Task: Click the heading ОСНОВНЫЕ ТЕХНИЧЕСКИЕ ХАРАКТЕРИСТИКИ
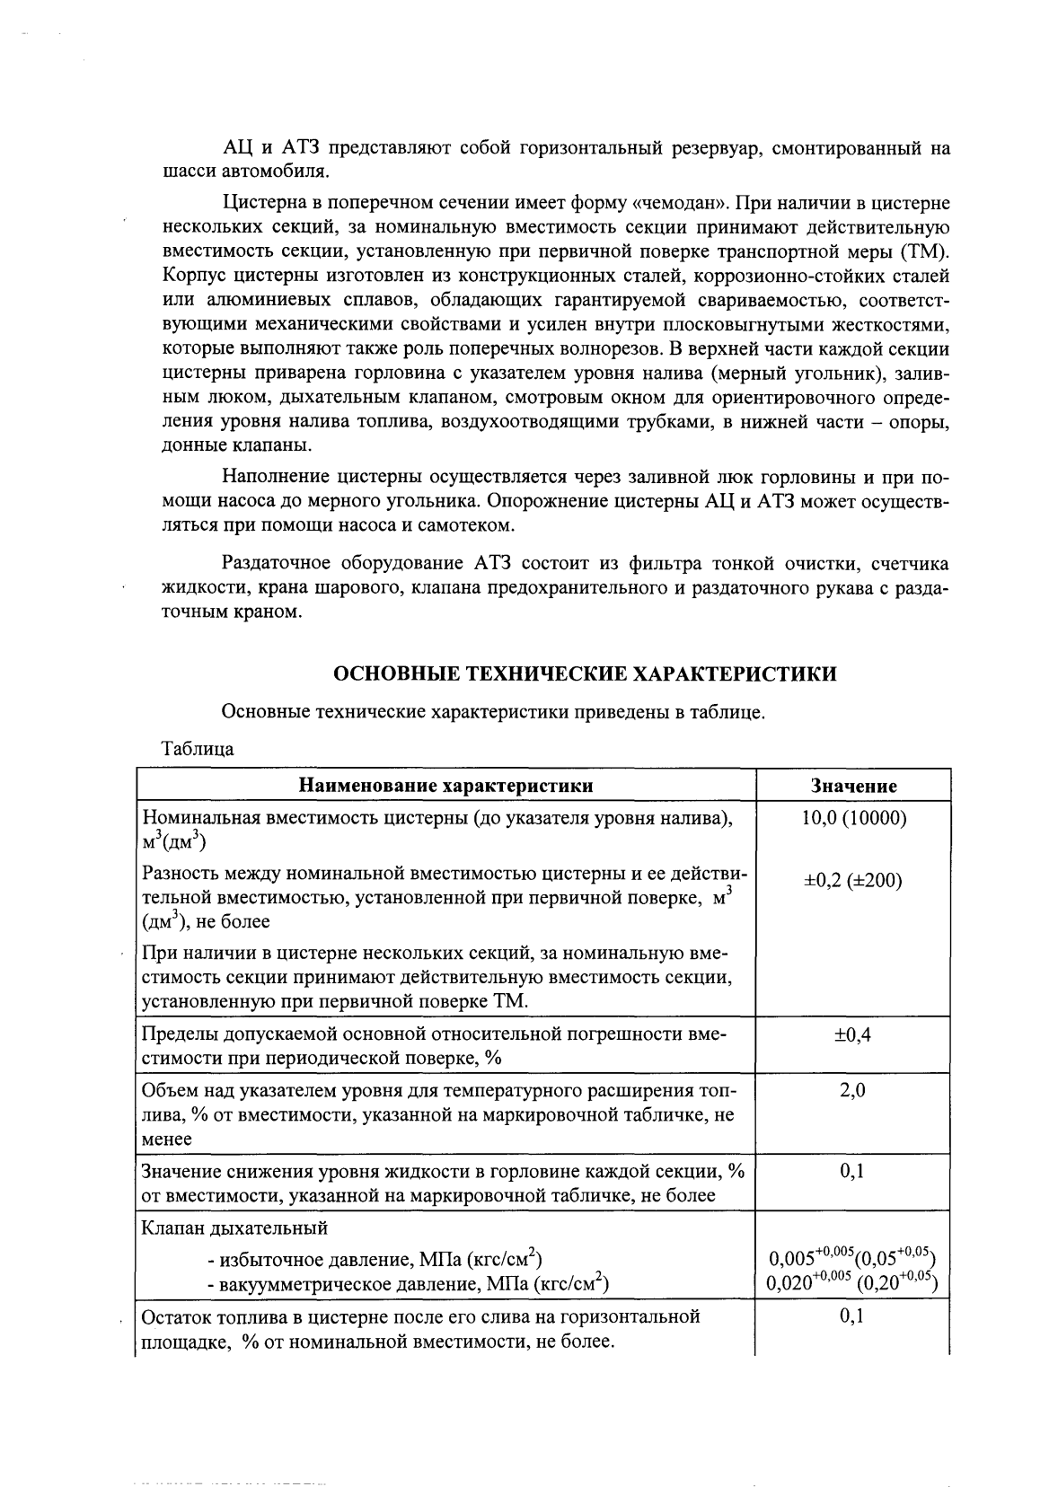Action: pyautogui.click(x=585, y=673)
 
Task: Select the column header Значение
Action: pyautogui.click(x=853, y=786)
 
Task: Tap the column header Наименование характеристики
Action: pyautogui.click(x=445, y=786)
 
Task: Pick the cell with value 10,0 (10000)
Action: pyautogui.click(x=853, y=818)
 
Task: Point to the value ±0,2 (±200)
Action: pyautogui.click(x=853, y=880)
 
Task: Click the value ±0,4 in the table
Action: pyautogui.click(x=853, y=1034)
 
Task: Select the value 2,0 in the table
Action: pyautogui.click(x=853, y=1091)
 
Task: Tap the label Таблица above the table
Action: pyautogui.click(x=197, y=749)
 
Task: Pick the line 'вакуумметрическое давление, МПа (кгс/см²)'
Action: pyautogui.click(x=408, y=1284)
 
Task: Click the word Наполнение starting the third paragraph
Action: pyautogui.click(x=275, y=477)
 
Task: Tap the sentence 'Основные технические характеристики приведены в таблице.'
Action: pyautogui.click(x=493, y=713)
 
